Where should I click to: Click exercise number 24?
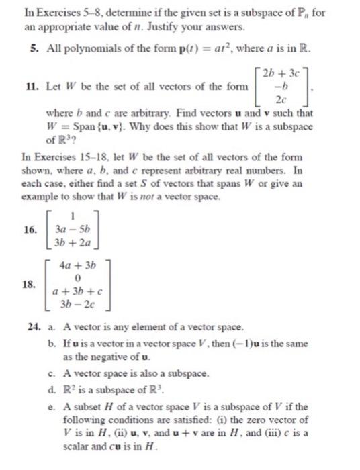31,327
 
